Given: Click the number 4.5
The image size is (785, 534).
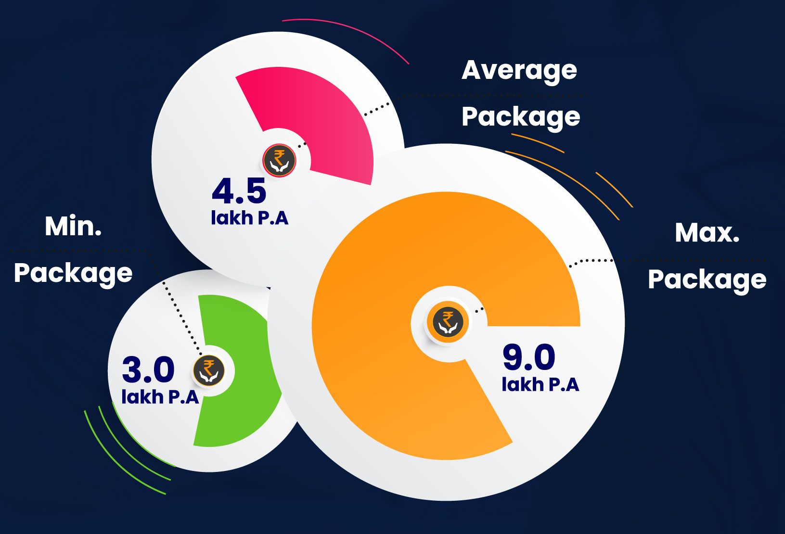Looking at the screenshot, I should (239, 191).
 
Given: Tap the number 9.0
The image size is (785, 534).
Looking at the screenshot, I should (528, 357).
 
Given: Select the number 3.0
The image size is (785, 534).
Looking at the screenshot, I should (148, 369).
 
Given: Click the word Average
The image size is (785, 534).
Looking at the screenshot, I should (519, 71).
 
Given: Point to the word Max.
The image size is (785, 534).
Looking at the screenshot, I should (707, 233).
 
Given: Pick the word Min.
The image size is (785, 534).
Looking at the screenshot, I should (73, 226).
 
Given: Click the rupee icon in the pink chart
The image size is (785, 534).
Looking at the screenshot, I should (279, 160).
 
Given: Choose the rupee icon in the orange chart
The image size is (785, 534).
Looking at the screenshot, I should (448, 322).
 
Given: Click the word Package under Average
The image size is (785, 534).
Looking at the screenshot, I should (521, 117).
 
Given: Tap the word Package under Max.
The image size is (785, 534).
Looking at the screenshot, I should (707, 280).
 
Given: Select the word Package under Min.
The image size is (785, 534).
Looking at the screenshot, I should (73, 273).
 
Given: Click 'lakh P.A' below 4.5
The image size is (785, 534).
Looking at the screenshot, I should (249, 218).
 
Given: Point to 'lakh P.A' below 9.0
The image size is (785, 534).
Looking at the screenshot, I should (540, 384).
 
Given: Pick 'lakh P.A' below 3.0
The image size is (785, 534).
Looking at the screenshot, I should (160, 397).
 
